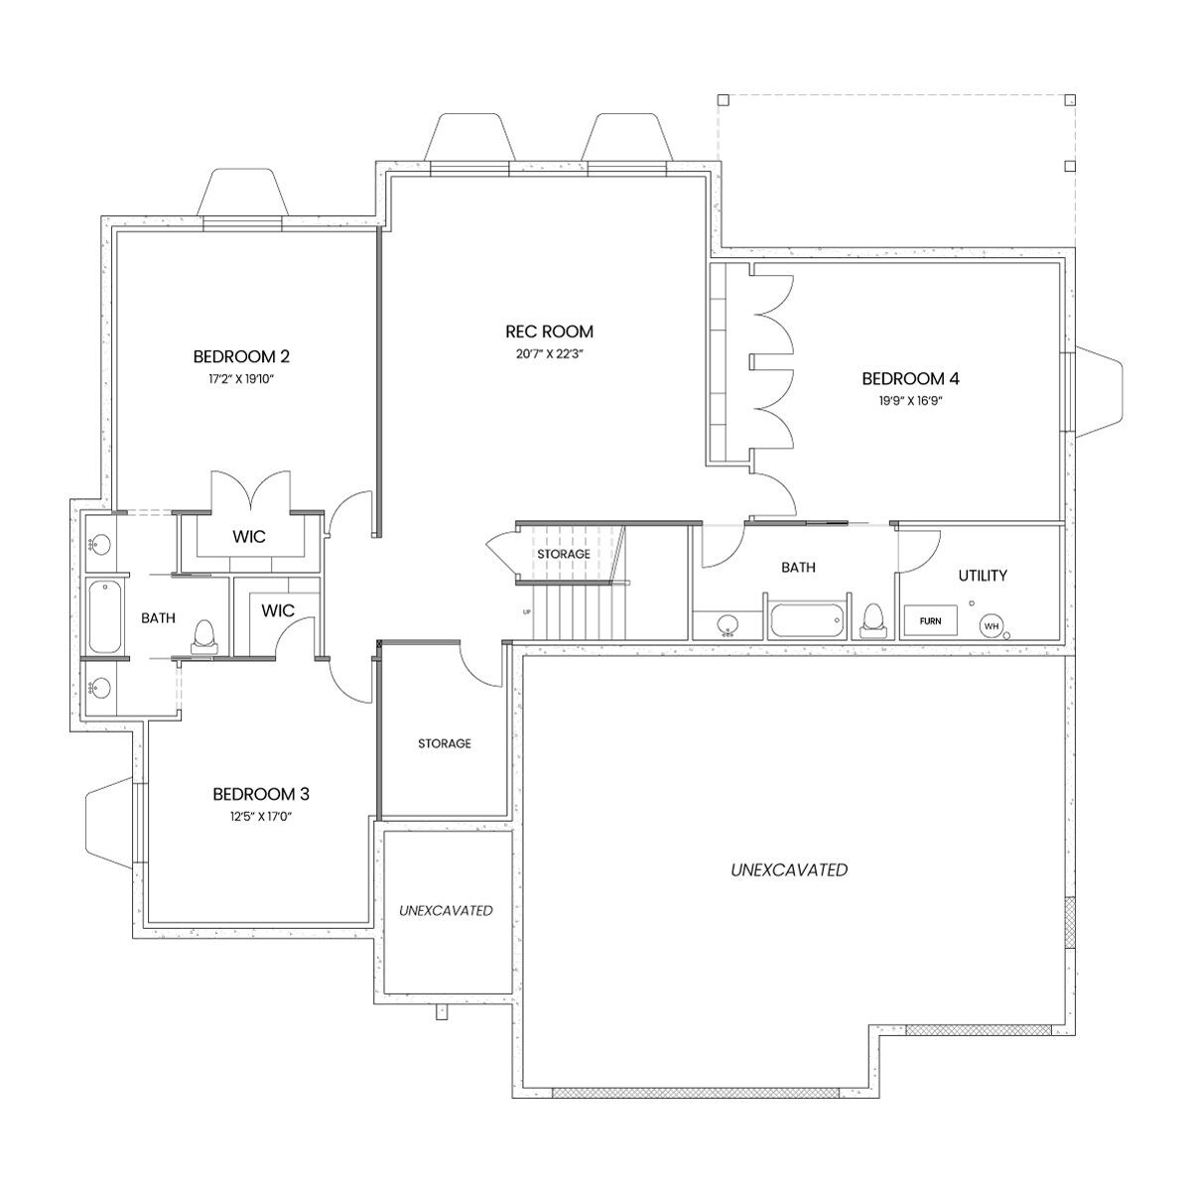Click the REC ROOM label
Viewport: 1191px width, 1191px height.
coord(549,331)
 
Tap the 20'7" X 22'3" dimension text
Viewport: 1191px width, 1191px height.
coord(550,354)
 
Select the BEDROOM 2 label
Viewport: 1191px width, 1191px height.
coord(241,356)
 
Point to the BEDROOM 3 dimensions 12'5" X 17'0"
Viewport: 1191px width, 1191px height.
coord(261,817)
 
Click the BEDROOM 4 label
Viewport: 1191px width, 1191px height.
coord(910,378)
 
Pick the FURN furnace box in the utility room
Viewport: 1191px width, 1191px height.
coord(930,620)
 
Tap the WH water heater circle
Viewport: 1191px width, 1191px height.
coord(992,626)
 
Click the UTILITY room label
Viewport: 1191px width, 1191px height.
coord(983,576)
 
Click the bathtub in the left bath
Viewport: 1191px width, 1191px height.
coord(105,616)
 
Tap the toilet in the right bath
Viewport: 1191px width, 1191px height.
coord(872,620)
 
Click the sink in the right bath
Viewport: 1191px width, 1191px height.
coord(729,625)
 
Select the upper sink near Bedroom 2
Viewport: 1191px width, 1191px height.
coord(100,546)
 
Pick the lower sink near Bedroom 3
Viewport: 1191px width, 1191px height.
coord(100,687)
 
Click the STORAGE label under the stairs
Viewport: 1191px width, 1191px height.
coord(564,554)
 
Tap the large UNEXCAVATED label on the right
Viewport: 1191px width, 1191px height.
coord(789,870)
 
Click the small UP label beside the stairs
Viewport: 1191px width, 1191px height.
coord(527,612)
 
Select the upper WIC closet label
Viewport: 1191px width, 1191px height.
coord(249,537)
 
